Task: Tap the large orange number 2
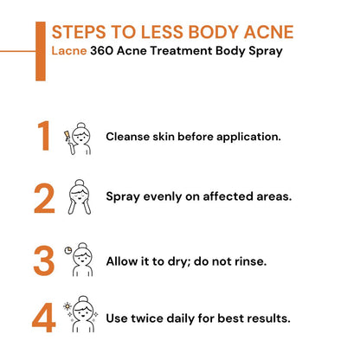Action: [x=44, y=198]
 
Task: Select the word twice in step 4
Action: [x=150, y=318]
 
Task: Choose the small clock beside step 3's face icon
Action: [x=67, y=251]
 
